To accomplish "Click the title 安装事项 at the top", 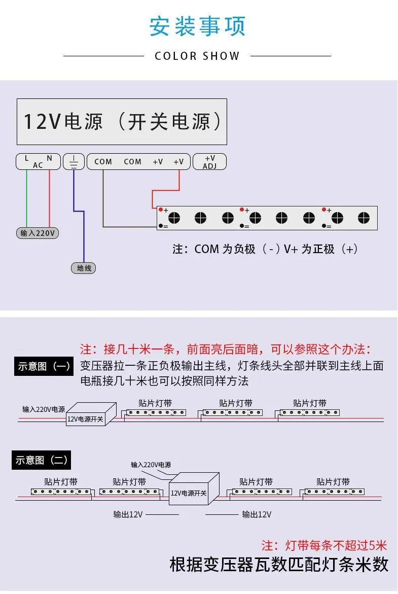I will (197, 26).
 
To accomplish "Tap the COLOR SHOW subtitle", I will (197, 56).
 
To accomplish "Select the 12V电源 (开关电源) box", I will (122, 122).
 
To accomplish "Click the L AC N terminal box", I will (38, 161).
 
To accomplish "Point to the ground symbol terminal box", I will (74, 161).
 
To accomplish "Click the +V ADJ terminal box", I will (209, 161).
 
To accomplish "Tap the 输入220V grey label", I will (38, 233).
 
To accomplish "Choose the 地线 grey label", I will (84, 268).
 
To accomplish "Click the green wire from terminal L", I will (27, 198).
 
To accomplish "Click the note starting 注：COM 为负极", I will (265, 249).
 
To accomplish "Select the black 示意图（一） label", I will (44, 366).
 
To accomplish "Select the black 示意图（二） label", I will (41, 460).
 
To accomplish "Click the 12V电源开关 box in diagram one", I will (85, 419).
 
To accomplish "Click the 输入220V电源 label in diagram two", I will (151, 465).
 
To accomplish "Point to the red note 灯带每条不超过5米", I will (324, 545).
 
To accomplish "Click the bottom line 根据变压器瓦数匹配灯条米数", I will (279, 565).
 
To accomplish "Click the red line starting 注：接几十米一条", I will (226, 350).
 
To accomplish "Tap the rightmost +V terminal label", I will (178, 162).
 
